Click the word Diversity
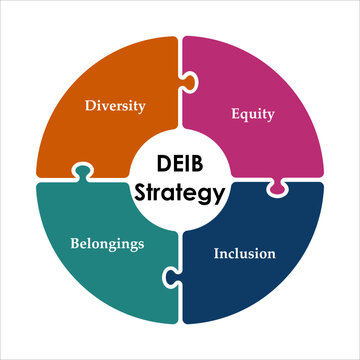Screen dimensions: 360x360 tap(114, 104)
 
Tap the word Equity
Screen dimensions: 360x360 tap(252, 113)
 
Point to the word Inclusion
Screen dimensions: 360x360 tap(245, 253)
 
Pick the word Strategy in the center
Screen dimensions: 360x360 tap(181, 193)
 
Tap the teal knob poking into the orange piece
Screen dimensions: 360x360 tap(82, 173)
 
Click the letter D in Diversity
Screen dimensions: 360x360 tap(88, 104)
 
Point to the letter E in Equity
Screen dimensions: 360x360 tap(235, 112)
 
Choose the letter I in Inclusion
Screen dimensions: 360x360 tap(217, 253)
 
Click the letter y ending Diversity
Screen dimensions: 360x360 tap(141, 106)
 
